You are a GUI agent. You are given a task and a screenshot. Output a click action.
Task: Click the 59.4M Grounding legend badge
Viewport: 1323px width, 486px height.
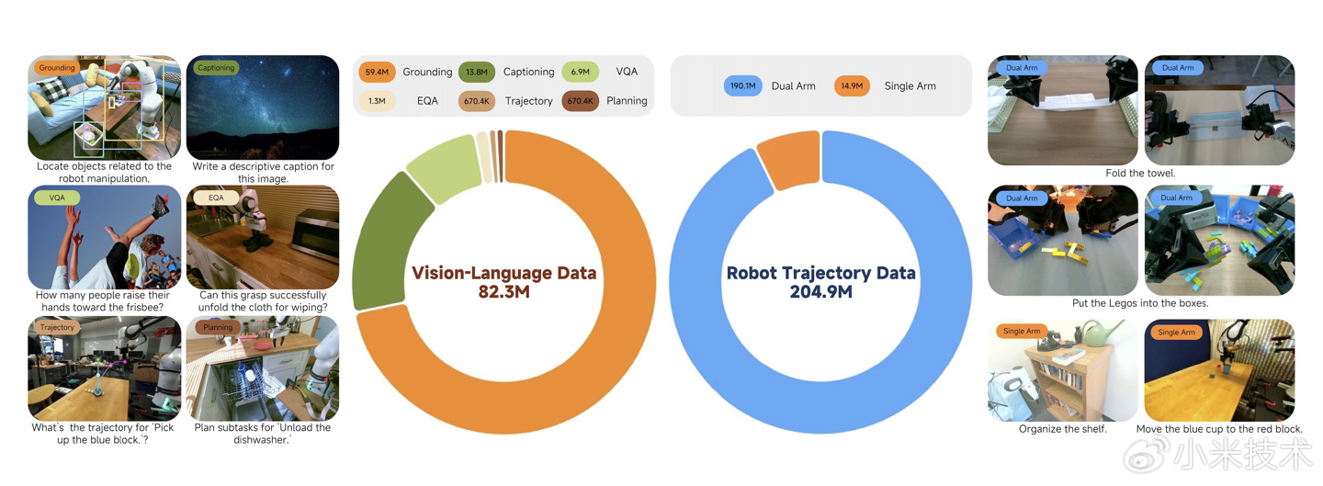click(x=377, y=72)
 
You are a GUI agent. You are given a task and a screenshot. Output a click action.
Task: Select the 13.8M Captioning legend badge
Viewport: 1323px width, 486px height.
click(x=477, y=72)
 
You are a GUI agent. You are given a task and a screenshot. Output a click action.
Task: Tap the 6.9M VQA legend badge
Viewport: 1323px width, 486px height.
click(x=580, y=72)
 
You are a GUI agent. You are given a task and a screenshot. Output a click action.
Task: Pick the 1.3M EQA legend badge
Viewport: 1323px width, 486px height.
click(x=377, y=101)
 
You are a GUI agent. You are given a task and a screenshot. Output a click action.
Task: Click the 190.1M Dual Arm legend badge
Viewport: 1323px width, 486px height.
click(x=742, y=86)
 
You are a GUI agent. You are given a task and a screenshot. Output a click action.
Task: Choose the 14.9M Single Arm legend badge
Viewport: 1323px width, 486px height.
click(x=852, y=86)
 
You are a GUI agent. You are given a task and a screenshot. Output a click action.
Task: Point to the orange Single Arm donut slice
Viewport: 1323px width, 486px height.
click(x=788, y=162)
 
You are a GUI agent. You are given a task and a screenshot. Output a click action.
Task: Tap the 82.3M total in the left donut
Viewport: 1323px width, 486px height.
click(x=503, y=293)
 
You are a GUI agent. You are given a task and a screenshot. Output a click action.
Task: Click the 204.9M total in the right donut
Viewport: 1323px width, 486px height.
click(x=820, y=292)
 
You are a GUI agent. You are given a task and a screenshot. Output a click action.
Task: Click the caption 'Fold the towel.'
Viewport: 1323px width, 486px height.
click(x=1140, y=174)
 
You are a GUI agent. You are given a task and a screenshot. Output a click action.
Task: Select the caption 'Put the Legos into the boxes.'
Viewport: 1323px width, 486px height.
click(x=1140, y=303)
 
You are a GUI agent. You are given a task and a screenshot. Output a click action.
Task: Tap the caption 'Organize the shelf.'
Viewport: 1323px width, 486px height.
click(x=1062, y=429)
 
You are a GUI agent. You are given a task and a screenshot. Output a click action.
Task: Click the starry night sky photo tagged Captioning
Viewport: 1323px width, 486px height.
click(x=263, y=110)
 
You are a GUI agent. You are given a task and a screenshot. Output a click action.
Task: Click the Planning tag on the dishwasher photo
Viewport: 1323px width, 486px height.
click(x=218, y=327)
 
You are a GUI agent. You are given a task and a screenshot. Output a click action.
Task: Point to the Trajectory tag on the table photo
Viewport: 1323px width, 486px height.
click(x=57, y=327)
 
